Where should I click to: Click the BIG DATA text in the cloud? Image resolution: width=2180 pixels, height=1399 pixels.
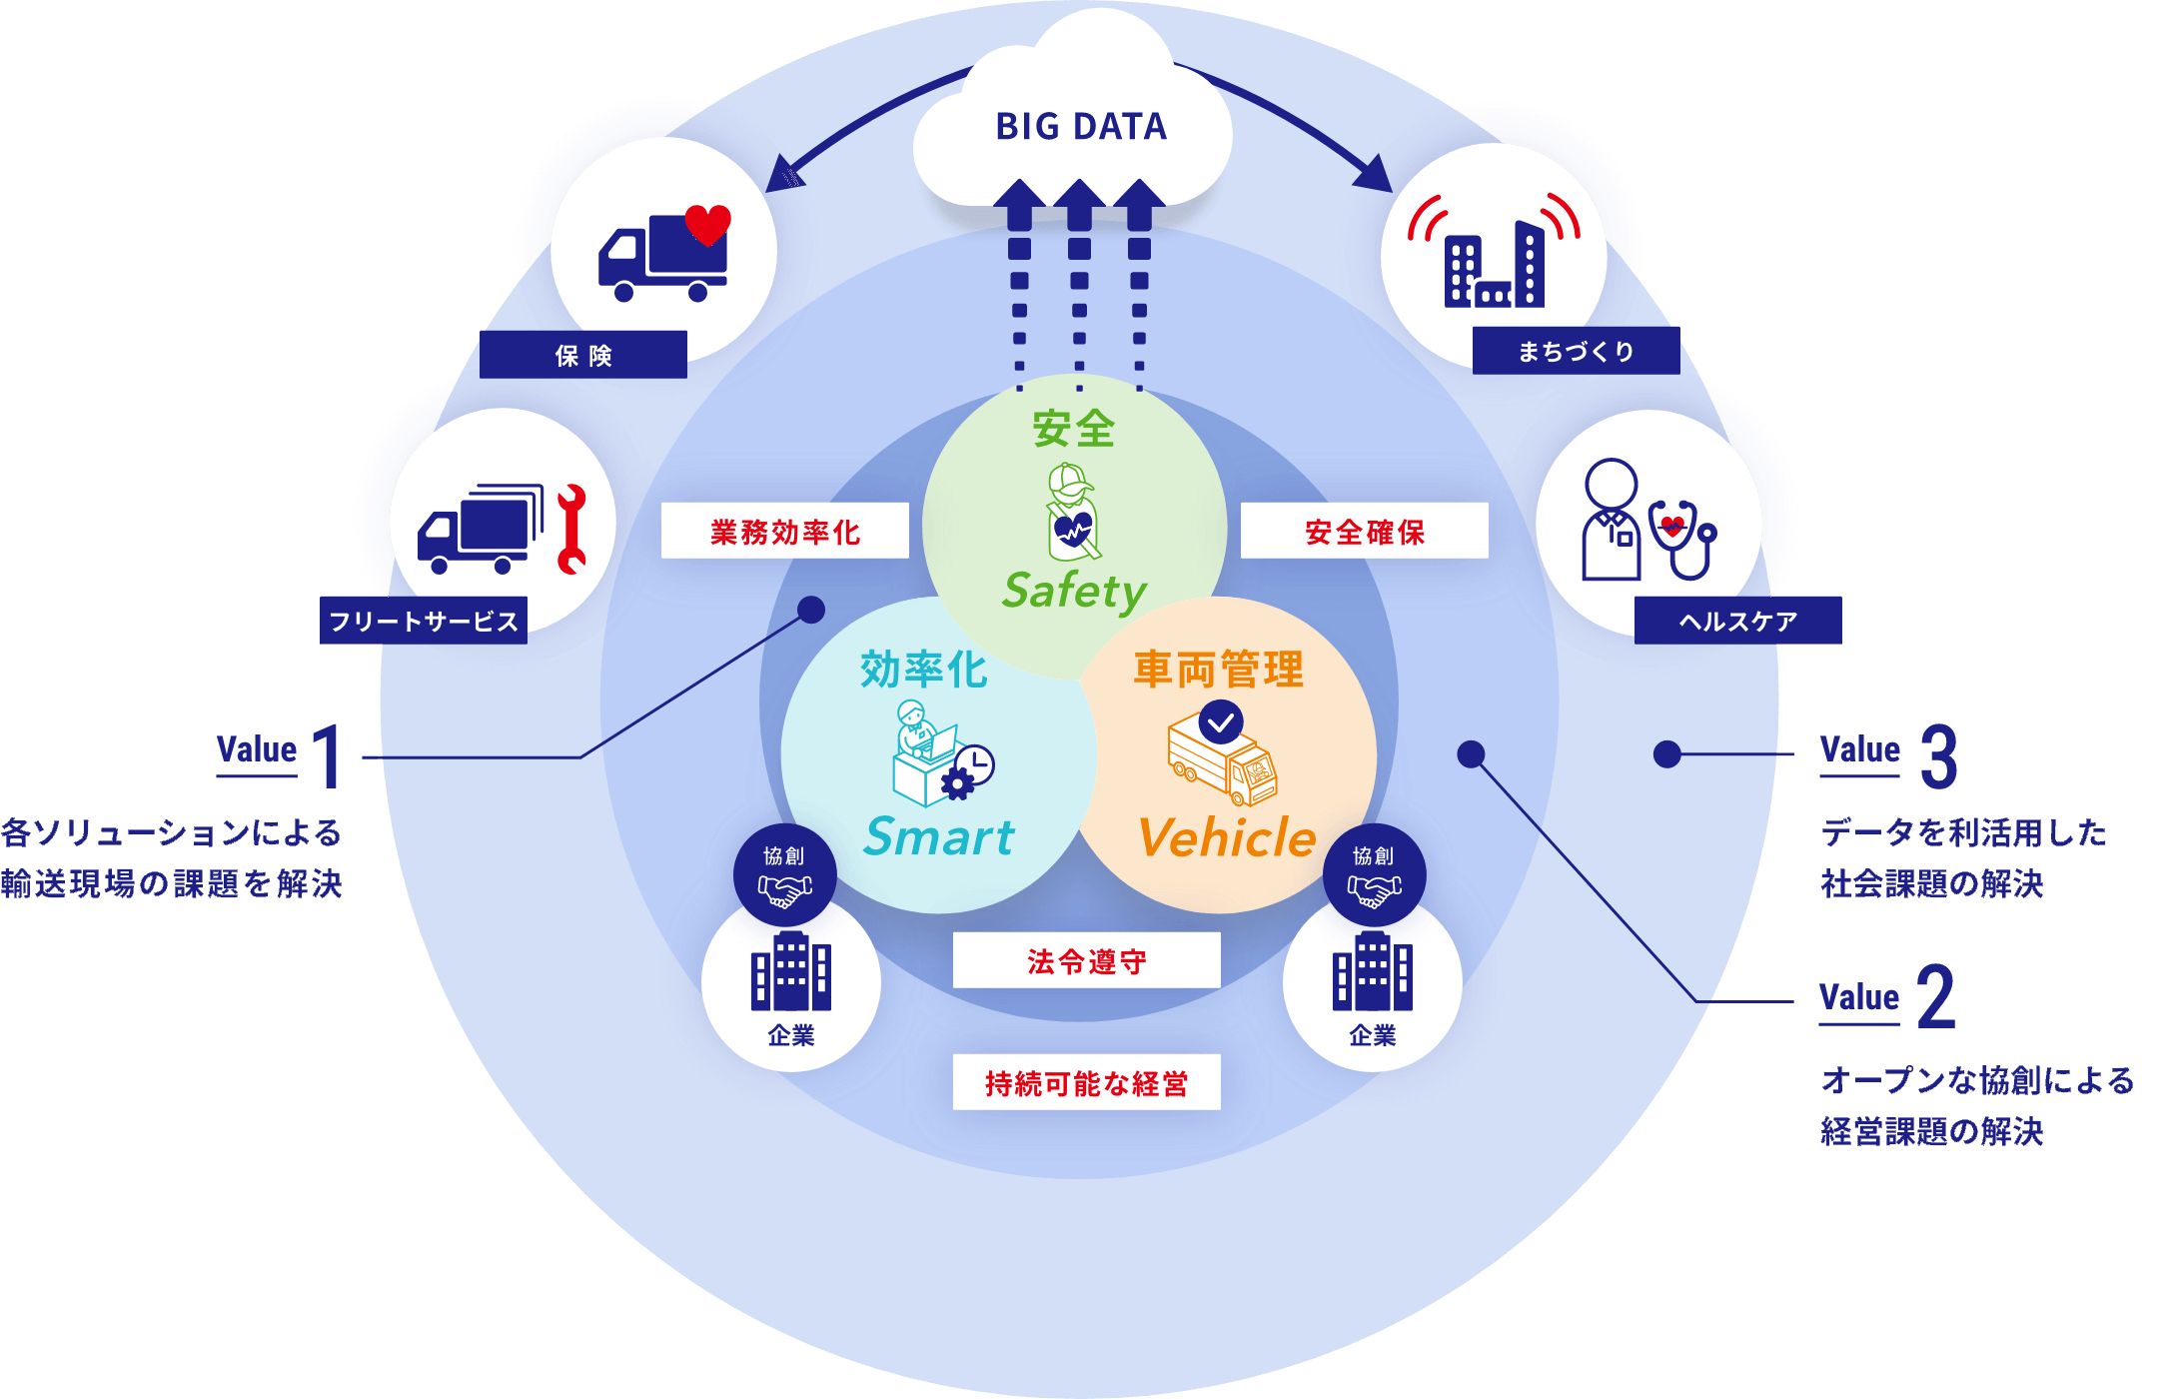(x=1081, y=127)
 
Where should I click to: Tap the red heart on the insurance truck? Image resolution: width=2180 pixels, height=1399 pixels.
(x=707, y=224)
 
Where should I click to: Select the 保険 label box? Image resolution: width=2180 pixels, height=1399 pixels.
(x=582, y=355)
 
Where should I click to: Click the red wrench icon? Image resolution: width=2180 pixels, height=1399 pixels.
(x=571, y=529)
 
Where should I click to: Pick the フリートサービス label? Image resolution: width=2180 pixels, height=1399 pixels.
(x=423, y=621)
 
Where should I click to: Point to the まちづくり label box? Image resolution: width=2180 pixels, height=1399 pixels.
(x=1576, y=351)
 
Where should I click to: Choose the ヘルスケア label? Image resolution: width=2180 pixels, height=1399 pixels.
(x=1737, y=621)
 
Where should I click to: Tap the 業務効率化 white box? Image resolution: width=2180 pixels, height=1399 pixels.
(x=784, y=531)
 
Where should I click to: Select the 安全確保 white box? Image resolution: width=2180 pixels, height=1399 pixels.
(x=1364, y=531)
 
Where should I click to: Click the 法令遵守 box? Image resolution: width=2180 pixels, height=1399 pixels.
(x=1086, y=960)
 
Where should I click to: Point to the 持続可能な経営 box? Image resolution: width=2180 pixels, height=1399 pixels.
(x=1086, y=1082)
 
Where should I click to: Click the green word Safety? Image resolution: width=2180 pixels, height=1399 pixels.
(x=1074, y=591)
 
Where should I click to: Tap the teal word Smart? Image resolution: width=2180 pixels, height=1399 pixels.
(x=939, y=836)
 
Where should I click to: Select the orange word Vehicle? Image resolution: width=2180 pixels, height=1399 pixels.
(x=1227, y=837)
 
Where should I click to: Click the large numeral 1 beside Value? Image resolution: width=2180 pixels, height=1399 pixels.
(x=328, y=757)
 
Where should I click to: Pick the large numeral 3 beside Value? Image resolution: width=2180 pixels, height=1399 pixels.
(x=1938, y=757)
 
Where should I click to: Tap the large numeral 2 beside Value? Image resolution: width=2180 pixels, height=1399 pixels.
(x=1936, y=997)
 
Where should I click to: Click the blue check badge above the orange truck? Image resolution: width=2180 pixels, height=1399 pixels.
(x=1221, y=721)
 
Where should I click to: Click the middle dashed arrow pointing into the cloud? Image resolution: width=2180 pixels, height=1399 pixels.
(x=1079, y=280)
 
